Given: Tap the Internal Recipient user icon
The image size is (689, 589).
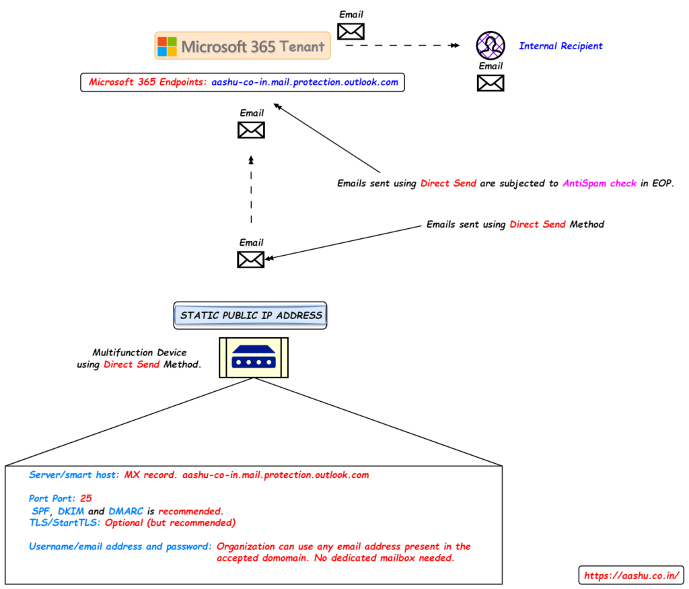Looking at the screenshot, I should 491,45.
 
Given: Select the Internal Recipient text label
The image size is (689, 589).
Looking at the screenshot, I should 560,46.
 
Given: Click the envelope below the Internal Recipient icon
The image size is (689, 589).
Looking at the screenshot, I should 491,83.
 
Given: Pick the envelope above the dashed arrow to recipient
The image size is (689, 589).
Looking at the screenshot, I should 351,31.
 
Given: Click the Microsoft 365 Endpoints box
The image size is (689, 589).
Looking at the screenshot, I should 242,83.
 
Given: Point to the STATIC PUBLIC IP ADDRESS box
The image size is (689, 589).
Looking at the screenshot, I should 251,315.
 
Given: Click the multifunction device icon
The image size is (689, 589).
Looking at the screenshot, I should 254,357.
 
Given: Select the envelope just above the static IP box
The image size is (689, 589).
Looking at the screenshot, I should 251,259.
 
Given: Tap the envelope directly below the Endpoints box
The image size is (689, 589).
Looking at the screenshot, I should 252,130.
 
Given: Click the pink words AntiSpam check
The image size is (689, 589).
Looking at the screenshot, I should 600,183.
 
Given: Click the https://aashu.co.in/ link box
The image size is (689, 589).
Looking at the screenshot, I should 631,576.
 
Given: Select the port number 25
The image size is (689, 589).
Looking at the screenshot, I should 85,499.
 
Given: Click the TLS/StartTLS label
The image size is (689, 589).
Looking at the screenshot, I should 65,522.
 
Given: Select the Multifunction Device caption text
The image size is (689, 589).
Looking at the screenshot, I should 139,353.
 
